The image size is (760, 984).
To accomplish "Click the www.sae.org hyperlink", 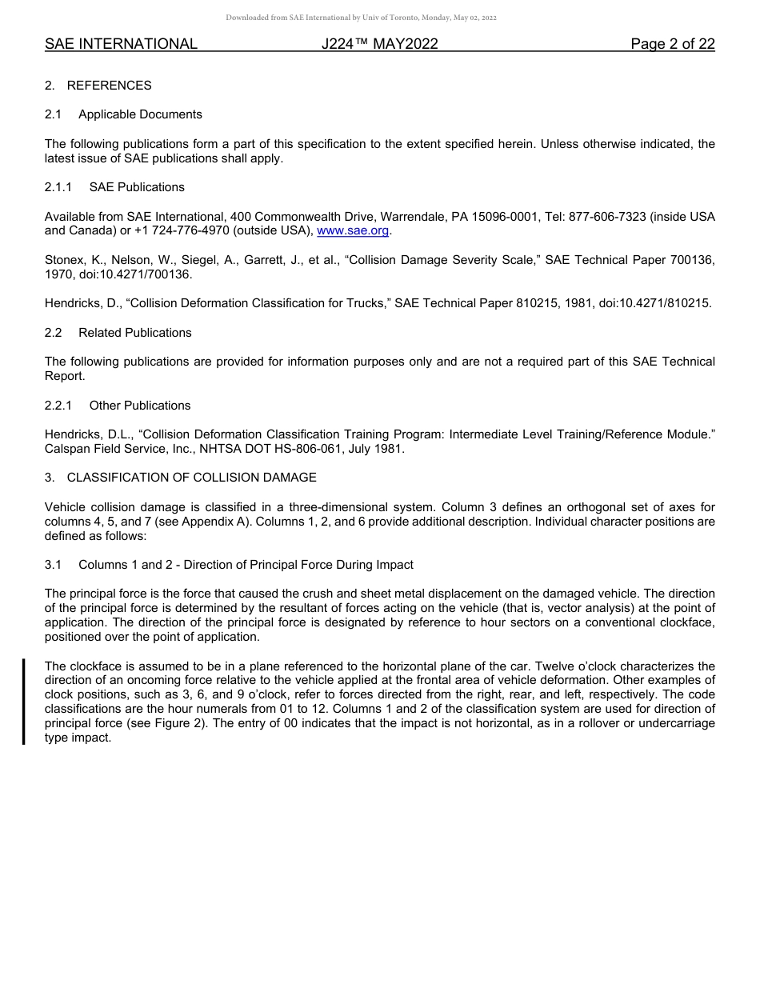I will click(x=353, y=231).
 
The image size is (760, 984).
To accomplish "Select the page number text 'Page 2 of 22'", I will click(x=672, y=44).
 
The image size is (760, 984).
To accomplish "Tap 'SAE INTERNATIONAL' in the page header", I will click(x=121, y=44).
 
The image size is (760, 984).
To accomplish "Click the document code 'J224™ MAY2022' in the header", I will click(x=380, y=44).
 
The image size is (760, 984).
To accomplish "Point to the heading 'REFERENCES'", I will click(x=109, y=86).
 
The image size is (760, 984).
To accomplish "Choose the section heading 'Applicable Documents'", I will click(x=140, y=114).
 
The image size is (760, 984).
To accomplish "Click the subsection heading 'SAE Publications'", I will click(x=137, y=187).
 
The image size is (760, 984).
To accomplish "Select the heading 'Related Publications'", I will click(x=134, y=333).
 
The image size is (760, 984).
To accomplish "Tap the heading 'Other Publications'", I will click(x=140, y=406).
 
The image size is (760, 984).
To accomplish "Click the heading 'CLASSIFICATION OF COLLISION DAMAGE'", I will click(x=191, y=478).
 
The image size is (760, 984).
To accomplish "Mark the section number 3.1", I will click(x=54, y=565).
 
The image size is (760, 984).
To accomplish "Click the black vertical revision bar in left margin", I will click(x=24, y=702).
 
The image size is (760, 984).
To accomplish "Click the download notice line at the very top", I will click(x=362, y=18).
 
